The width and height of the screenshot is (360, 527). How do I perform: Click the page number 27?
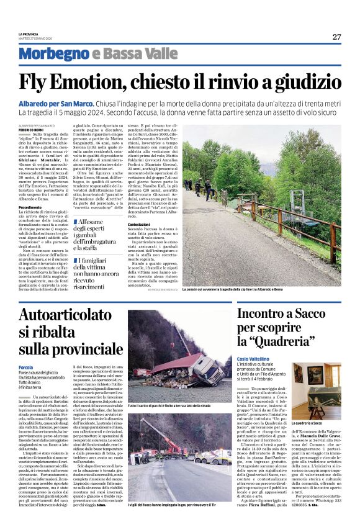[336, 37]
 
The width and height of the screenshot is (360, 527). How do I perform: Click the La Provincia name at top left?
[29, 34]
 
